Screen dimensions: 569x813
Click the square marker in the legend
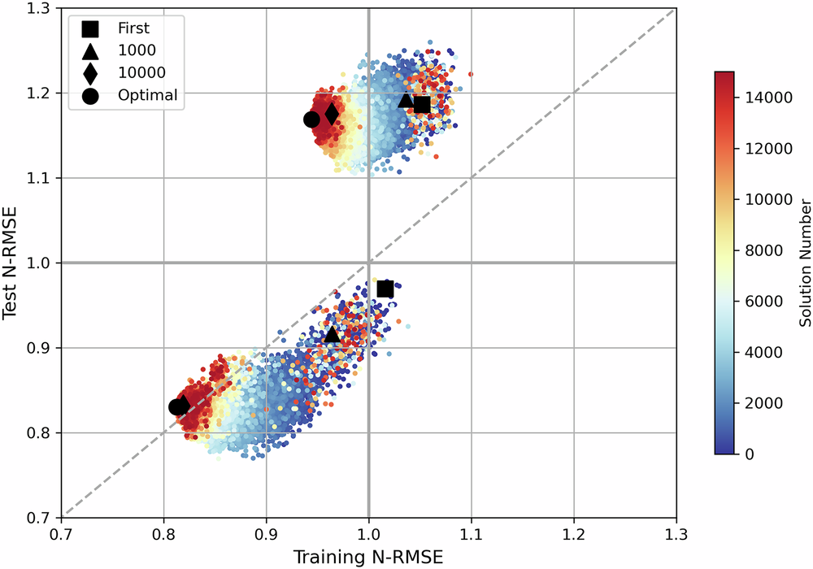click(90, 29)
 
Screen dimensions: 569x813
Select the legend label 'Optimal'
click(147, 95)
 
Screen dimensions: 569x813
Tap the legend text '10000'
click(141, 73)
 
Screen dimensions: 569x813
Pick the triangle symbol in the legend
click(90, 50)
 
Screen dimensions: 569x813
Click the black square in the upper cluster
click(421, 105)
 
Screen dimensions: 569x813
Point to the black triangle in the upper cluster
click(406, 100)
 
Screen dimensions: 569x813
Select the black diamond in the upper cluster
click(331, 115)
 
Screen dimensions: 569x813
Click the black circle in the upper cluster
click(311, 119)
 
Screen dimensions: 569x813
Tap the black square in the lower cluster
click(385, 289)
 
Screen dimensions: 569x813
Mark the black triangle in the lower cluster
click(332, 334)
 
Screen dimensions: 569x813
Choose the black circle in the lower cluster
click(176, 407)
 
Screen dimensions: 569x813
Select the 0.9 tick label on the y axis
click(37, 348)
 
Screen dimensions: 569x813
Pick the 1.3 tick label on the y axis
click(37, 9)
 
